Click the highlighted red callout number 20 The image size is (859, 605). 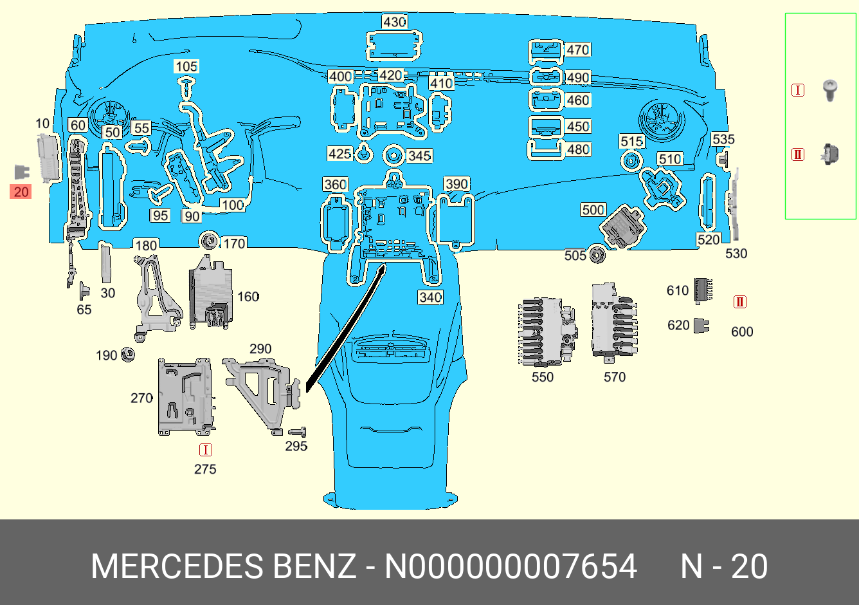click(21, 192)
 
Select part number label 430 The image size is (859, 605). click(394, 22)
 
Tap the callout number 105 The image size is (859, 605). click(186, 66)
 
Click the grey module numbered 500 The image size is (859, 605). click(622, 227)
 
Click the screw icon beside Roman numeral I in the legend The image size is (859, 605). click(830, 90)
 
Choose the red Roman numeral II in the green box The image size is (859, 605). click(798, 154)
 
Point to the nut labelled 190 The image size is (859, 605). click(127, 354)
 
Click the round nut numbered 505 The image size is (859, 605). click(597, 254)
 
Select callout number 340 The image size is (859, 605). click(430, 297)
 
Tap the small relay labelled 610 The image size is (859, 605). click(703, 290)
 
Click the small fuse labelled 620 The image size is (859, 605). click(701, 326)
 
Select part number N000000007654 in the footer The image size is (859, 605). click(511, 566)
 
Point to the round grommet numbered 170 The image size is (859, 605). click(209, 241)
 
